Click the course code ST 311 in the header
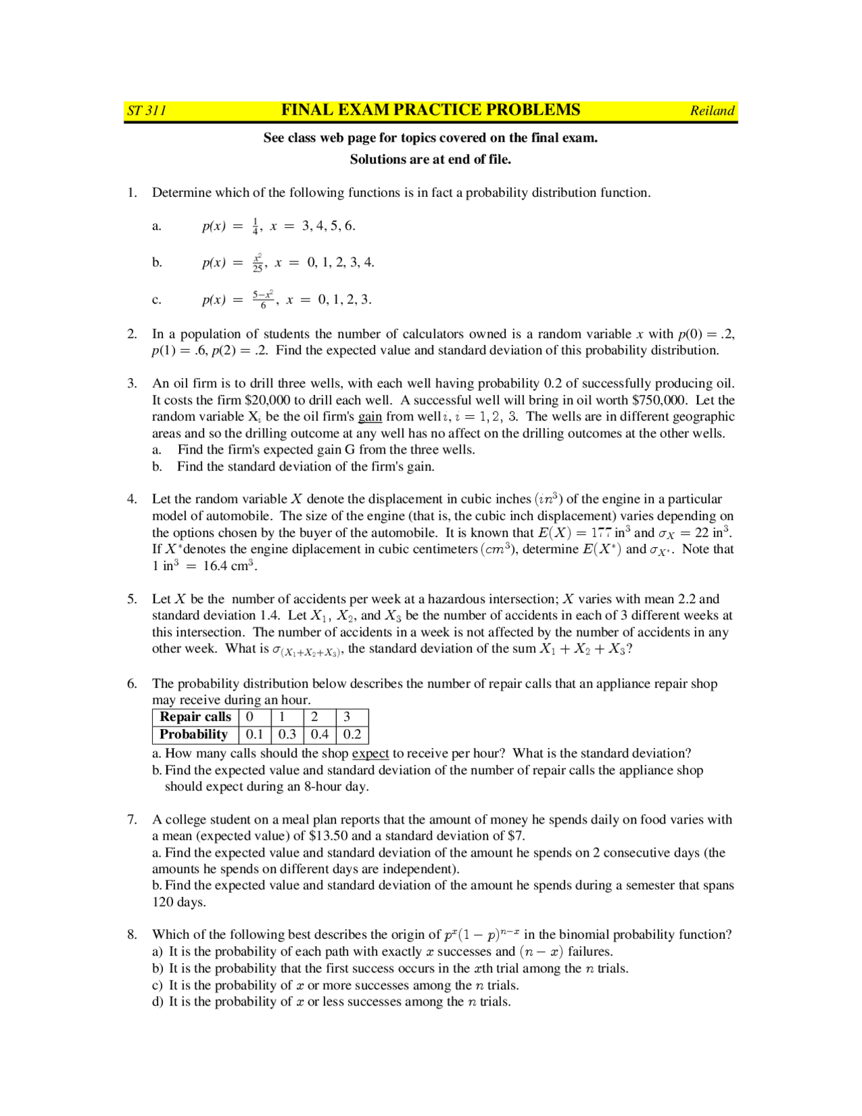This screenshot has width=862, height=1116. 147,111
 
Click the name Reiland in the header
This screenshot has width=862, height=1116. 712,111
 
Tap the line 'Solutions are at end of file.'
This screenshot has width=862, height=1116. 430,160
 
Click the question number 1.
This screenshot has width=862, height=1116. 132,193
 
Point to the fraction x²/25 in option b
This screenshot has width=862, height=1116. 257,262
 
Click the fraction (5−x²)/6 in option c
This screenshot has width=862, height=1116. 263,299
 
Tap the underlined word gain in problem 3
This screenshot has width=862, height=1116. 370,416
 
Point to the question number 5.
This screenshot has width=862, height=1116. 132,599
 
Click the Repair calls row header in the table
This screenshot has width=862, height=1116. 195,717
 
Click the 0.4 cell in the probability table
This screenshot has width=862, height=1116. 320,735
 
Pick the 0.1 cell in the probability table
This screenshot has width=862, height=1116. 255,735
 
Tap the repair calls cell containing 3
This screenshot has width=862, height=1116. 347,717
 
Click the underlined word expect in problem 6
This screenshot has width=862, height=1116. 370,753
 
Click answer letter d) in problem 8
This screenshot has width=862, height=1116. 158,1002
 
